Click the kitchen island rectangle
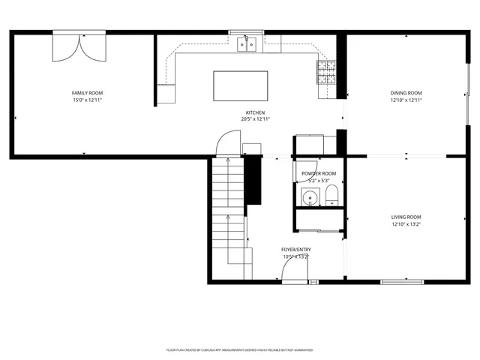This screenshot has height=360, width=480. point(241,85)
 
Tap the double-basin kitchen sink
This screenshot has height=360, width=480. point(247,46)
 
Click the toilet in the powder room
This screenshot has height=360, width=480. point(332,198)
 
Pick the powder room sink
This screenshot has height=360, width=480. point(309,198)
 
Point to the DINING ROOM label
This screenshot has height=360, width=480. point(406,93)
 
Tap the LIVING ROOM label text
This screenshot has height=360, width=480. point(406,217)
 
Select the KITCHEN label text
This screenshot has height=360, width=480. point(255,112)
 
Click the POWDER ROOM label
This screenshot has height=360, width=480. point(319,173)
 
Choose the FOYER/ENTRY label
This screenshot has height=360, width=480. point(296,250)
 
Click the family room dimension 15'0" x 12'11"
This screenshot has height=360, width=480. point(87,100)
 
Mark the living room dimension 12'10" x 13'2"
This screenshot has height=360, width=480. point(406,224)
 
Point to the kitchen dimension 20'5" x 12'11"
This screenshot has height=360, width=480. point(255,119)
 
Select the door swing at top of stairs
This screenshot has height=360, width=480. point(227,142)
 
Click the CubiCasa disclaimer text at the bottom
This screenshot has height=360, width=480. point(239,350)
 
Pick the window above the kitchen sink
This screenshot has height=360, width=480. point(247,32)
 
